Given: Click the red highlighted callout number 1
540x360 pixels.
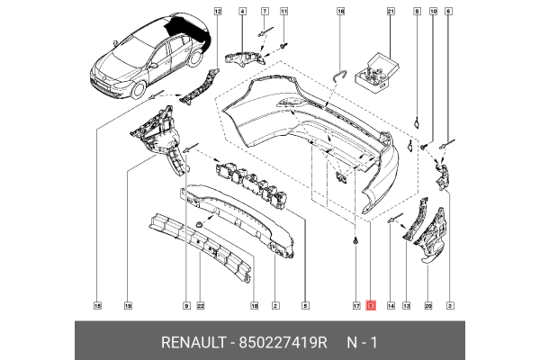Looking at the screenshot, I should (x=370, y=306).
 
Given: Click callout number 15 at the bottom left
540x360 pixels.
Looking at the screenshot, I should (x=98, y=306).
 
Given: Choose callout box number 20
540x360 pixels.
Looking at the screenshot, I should (x=428, y=306).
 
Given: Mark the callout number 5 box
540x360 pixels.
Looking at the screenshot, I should (x=305, y=306).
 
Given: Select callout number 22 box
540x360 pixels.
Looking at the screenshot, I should (x=201, y=306).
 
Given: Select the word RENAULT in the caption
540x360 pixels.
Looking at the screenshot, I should (x=194, y=343).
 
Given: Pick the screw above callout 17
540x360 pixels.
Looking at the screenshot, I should (x=356, y=241).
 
